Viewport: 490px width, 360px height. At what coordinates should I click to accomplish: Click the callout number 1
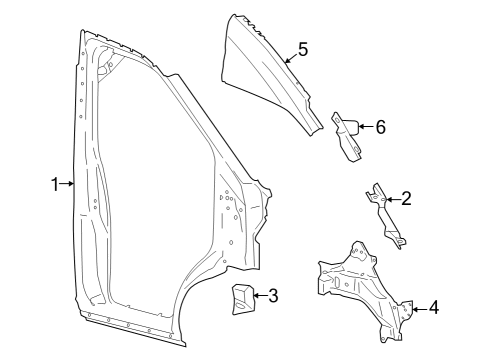coord(55,183)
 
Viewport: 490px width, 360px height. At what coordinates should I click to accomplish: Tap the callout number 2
coord(405,198)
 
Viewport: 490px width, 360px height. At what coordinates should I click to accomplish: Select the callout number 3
coord(272,295)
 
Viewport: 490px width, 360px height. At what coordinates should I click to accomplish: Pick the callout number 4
coord(433,307)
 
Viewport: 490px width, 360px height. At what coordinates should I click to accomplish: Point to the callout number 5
coord(302,50)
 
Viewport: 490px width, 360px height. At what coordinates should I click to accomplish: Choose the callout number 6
coord(379,126)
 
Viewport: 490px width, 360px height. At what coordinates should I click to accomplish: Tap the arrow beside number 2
coord(391,200)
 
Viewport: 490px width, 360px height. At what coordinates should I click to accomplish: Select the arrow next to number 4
coord(417,307)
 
